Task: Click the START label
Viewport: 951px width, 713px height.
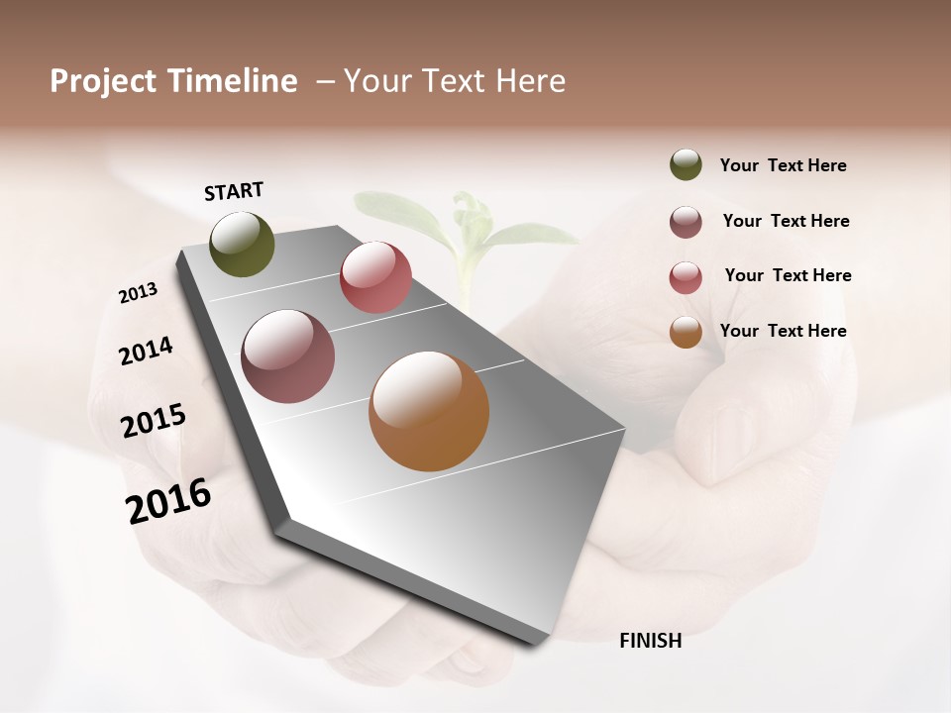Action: point(234,191)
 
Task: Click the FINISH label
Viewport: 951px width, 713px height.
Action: point(650,641)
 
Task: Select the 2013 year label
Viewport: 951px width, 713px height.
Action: point(138,293)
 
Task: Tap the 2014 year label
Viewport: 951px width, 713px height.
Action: point(146,351)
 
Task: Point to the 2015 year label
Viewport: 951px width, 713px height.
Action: point(153,421)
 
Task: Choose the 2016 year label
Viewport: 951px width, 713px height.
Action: point(168,501)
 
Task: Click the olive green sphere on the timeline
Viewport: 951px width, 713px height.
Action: point(242,244)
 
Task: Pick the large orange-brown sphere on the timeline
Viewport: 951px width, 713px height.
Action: point(429,411)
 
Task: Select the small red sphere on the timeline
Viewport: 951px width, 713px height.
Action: point(375,277)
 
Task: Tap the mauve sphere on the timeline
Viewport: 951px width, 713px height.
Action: point(287,356)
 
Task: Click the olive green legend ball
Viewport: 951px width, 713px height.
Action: point(686,164)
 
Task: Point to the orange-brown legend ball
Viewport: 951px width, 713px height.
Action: point(686,332)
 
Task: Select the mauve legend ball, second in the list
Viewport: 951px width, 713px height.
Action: point(686,222)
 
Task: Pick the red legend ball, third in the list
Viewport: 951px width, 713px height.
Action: point(686,277)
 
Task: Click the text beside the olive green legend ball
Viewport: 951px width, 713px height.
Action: point(783,165)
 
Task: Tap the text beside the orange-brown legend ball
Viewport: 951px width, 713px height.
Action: point(783,331)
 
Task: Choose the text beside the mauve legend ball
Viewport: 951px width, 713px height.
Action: point(786,221)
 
